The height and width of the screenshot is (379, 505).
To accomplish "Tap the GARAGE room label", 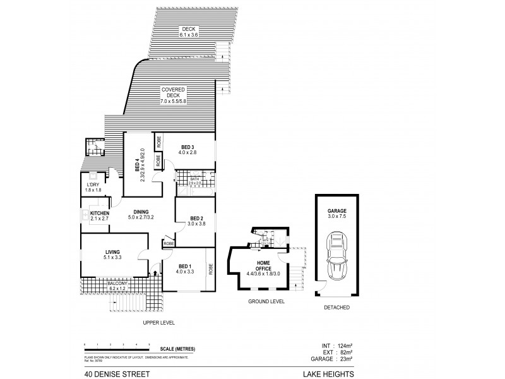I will pos(336,212).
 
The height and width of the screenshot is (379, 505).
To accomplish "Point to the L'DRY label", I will pos(93,186).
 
